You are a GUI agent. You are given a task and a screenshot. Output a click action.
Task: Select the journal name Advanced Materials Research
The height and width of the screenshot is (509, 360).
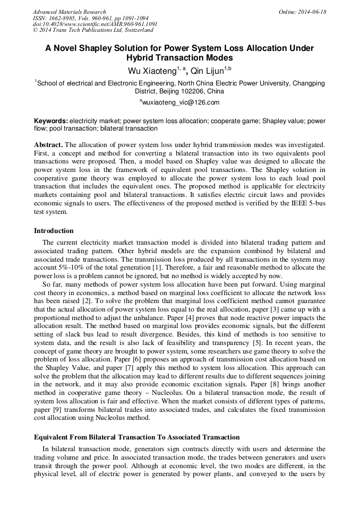click(x=69, y=12)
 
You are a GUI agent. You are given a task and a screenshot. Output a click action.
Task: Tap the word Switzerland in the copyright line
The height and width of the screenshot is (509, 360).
click(x=137, y=30)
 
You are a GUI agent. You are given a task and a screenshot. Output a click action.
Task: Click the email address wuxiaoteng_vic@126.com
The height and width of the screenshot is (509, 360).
click(x=181, y=102)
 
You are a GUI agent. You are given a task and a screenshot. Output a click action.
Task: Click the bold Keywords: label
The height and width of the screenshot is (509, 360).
click(x=51, y=120)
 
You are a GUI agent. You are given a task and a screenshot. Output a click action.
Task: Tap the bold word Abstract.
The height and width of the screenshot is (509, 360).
click(x=49, y=144)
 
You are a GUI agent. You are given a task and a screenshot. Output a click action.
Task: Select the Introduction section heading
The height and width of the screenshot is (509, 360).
click(x=54, y=231)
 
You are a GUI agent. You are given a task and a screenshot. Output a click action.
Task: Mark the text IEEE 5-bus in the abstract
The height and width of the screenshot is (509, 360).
click(x=308, y=204)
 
